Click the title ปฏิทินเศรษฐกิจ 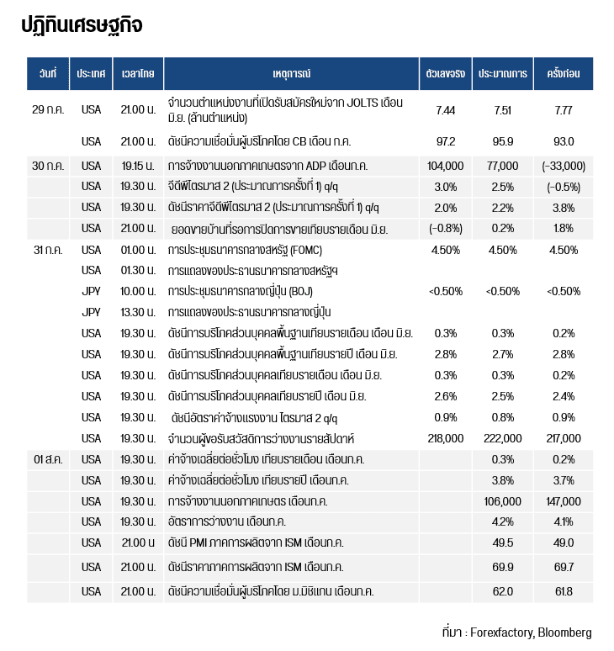tap(82, 25)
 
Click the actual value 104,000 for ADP tap(445, 166)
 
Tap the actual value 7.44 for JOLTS tap(445, 110)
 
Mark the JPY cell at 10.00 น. tap(91, 292)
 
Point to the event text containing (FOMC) tap(245, 250)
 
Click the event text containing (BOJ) tap(245, 292)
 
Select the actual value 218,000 tap(445, 438)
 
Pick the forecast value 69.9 tap(503, 567)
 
